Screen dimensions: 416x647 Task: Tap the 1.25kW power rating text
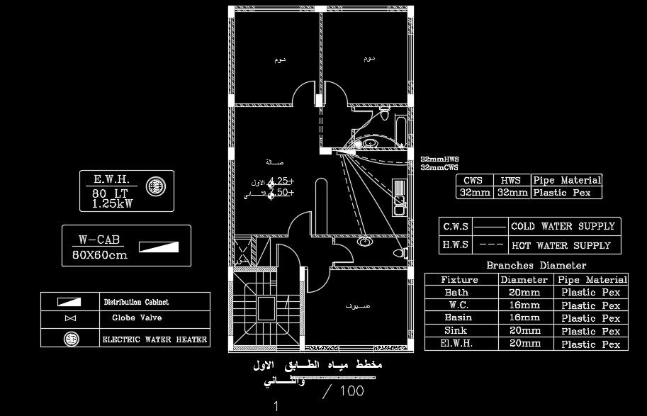112,203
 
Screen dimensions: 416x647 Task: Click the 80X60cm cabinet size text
100,254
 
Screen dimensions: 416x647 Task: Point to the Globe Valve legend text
137,318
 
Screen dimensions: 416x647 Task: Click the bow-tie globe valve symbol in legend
71,319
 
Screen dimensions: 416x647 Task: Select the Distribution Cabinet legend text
136,302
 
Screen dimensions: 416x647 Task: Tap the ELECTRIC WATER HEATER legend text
154,339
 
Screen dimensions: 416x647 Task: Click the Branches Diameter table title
536,266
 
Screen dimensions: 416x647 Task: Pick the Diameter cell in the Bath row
524,292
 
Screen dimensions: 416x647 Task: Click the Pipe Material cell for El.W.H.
590,344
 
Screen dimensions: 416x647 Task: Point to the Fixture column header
459,279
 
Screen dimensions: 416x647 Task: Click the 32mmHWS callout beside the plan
439,160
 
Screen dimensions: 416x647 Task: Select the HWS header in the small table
511,181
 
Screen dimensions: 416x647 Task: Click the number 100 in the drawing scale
351,390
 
